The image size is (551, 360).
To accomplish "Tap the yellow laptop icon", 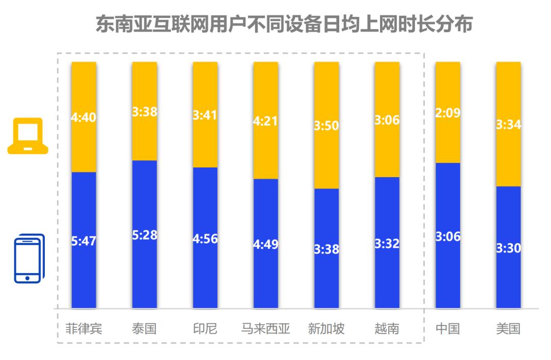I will [x=28, y=136].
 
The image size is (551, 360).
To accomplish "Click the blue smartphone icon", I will [x=29, y=258].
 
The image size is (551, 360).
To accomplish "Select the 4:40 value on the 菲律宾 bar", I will [x=84, y=117].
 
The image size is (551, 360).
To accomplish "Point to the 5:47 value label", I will [x=84, y=242].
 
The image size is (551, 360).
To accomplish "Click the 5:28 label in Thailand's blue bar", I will [x=144, y=235].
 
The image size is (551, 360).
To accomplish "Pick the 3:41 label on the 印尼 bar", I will [x=205, y=115].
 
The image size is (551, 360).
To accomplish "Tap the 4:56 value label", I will [x=205, y=239].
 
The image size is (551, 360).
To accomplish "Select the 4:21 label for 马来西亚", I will [x=266, y=122].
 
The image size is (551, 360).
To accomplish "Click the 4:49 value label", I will [x=266, y=244].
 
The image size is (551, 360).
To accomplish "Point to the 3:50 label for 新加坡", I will [x=327, y=126].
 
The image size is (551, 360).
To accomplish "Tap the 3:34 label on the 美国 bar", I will [x=509, y=125].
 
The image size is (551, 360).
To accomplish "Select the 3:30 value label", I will [x=509, y=248].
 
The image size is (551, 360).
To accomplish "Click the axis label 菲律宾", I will [x=84, y=328].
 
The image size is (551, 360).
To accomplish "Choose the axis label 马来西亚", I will [x=266, y=328].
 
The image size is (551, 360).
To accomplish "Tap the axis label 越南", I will [x=387, y=328].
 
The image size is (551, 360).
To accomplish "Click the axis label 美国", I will [x=509, y=328].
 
